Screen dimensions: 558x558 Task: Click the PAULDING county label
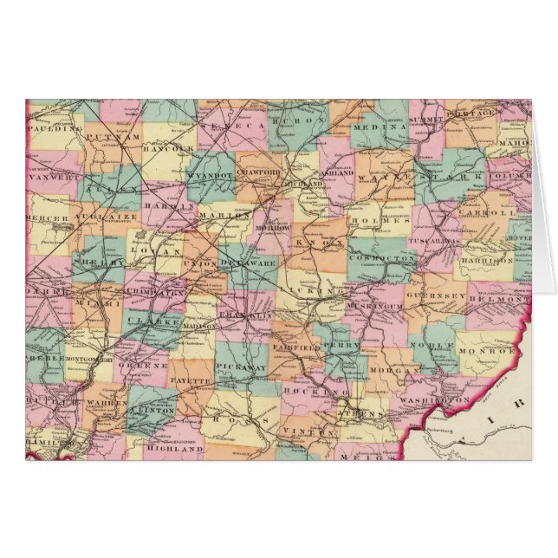(x=54, y=127)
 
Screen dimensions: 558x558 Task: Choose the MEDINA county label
(x=380, y=126)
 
